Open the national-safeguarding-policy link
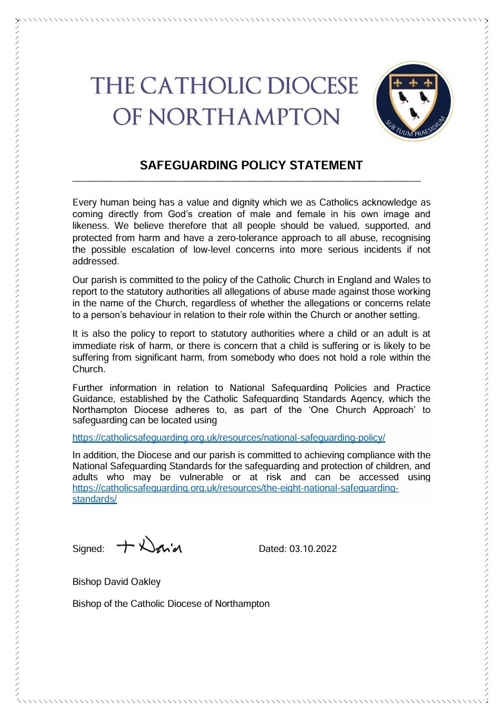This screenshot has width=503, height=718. (229, 438)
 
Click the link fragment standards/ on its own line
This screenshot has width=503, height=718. (94, 500)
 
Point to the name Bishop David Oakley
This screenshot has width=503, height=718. (116, 581)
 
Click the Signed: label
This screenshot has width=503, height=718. (89, 549)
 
